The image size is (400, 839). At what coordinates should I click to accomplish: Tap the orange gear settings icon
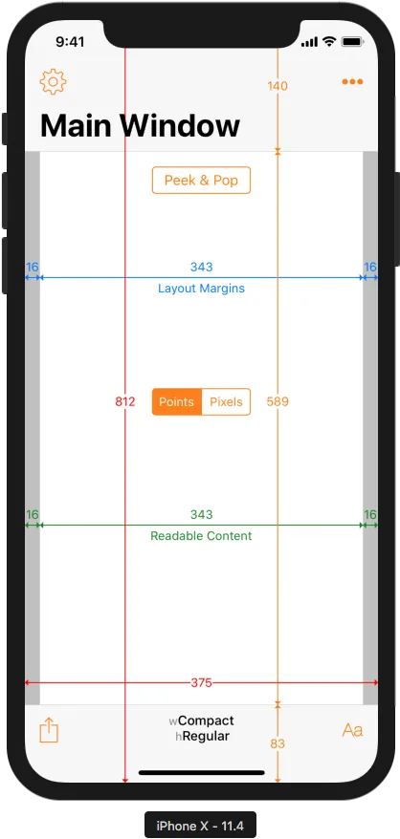[53, 82]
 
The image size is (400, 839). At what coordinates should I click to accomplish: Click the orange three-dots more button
[352, 82]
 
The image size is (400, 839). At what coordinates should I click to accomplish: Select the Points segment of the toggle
[177, 402]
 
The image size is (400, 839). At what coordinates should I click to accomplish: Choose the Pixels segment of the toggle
[226, 402]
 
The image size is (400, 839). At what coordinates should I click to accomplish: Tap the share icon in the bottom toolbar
[49, 730]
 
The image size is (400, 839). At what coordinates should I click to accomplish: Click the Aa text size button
[353, 730]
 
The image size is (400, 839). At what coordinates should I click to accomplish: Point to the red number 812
[125, 402]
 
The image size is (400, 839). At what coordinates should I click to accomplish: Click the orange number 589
[278, 402]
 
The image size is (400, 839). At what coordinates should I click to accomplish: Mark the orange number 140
[278, 86]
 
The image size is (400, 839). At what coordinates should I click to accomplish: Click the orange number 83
[278, 743]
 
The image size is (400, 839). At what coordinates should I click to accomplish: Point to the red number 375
[201, 682]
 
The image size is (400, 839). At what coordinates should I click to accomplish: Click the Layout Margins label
[201, 289]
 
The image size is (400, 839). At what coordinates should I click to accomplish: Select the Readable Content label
[201, 536]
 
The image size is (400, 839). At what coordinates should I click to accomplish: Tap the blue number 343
[201, 267]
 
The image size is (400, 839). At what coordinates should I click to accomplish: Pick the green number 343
[201, 515]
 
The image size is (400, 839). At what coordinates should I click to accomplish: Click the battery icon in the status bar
[353, 41]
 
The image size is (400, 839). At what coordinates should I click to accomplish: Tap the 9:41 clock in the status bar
[70, 42]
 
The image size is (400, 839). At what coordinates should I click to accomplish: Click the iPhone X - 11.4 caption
[200, 826]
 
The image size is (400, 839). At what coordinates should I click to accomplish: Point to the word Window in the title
[180, 126]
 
